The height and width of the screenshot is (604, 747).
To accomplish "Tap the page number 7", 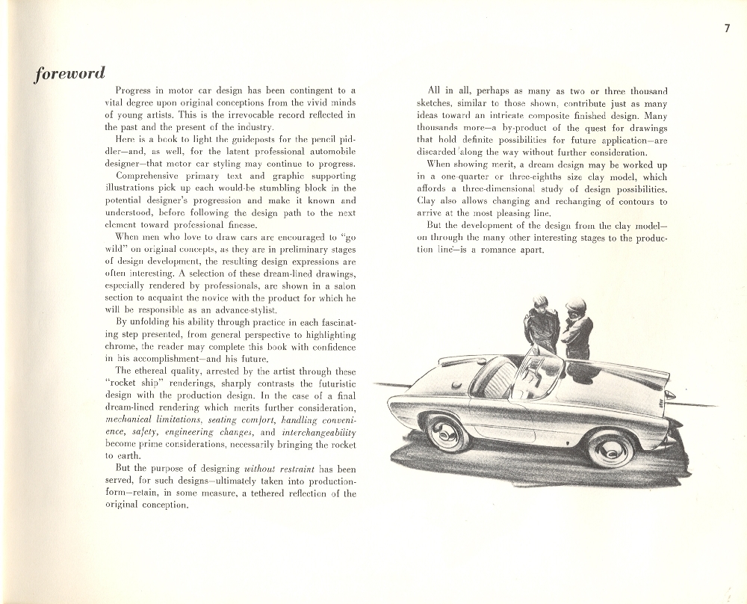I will (726, 29).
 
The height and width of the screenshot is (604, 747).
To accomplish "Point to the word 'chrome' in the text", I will (120, 346).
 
